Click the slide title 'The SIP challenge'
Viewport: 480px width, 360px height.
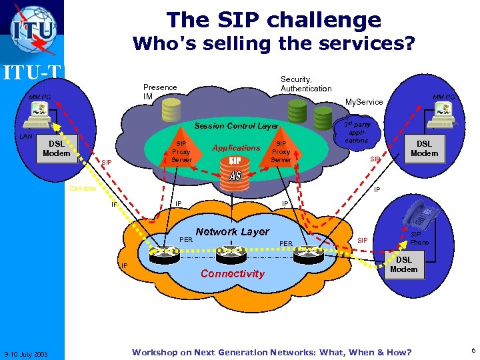tap(273, 19)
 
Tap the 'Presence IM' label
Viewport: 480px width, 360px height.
tap(160, 92)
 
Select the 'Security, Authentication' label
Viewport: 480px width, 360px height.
tap(306, 83)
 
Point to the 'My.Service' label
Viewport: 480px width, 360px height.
tap(363, 102)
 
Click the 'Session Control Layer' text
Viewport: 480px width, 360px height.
tap(235, 126)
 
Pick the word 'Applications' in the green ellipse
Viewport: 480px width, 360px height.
tap(235, 148)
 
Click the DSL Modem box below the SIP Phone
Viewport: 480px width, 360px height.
tap(403, 265)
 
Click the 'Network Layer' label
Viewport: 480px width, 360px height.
tap(232, 231)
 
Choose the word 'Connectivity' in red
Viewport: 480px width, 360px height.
tap(232, 273)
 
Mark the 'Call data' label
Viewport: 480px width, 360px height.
tap(83, 188)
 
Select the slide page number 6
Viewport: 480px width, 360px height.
tap(473, 351)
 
